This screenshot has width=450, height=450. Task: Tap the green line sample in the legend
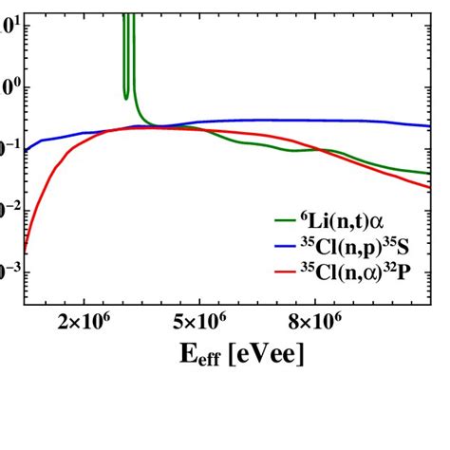[285, 220]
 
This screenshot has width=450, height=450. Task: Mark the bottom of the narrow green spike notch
[126, 97]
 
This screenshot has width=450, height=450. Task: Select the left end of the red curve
[25, 252]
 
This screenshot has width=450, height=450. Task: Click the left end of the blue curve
[26, 149]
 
